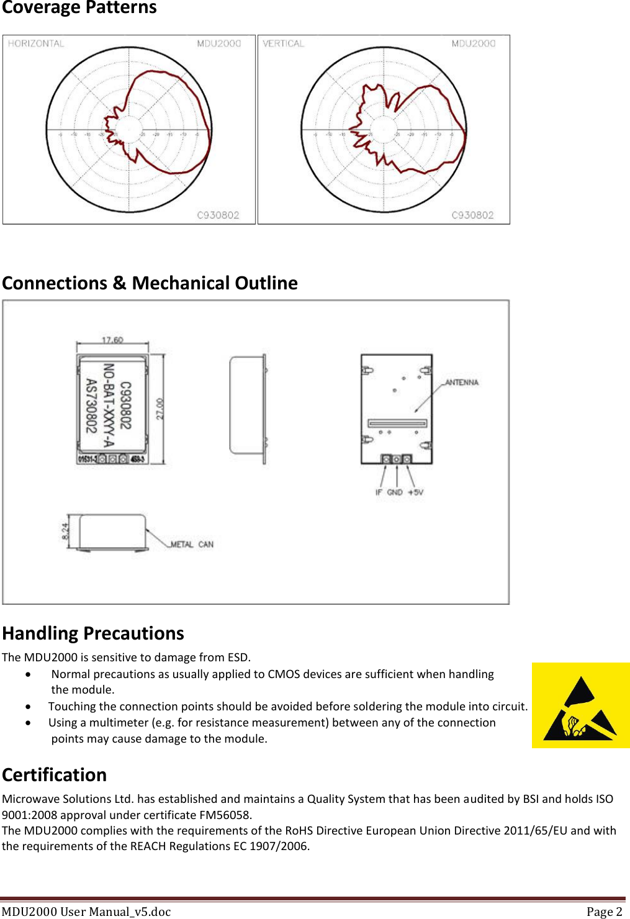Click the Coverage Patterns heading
[x=79, y=8]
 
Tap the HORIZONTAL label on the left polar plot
[x=36, y=43]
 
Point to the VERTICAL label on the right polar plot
[x=284, y=43]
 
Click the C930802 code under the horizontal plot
[x=218, y=215]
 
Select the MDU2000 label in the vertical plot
[x=474, y=43]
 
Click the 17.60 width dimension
[x=112, y=340]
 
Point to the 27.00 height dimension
[x=160, y=409]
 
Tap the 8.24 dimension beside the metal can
[x=65, y=531]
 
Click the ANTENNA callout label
[x=462, y=383]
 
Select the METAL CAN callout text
[x=192, y=545]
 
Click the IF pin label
[x=379, y=492]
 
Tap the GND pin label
[x=395, y=492]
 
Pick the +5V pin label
[x=415, y=492]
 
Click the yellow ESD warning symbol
[x=580, y=705]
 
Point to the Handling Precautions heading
[x=93, y=633]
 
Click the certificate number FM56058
[x=225, y=815]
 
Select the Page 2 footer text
[x=604, y=912]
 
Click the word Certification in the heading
[x=55, y=775]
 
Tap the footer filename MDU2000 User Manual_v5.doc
[x=86, y=912]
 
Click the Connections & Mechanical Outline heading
[x=150, y=283]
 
